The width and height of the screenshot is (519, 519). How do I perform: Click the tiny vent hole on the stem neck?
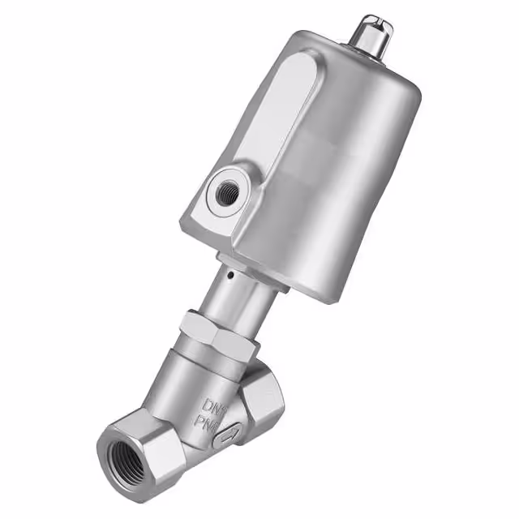coord(230,274)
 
